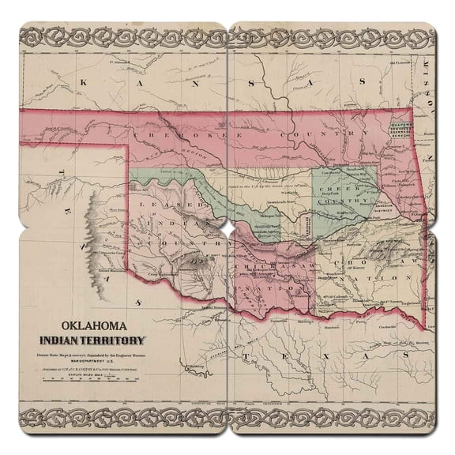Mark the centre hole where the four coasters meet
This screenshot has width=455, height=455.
coord(227,227)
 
